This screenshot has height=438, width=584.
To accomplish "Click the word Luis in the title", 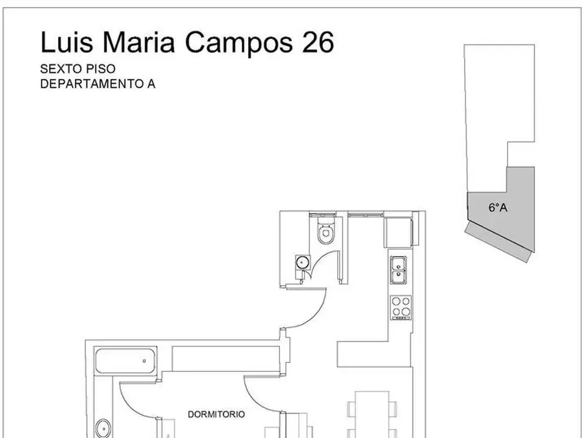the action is (66, 42).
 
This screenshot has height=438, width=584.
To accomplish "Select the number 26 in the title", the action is (318, 42).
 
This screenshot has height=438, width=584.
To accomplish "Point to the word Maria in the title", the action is (139, 42).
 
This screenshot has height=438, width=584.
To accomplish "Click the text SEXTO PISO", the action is (78, 69).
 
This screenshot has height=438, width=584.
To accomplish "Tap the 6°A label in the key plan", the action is (498, 208).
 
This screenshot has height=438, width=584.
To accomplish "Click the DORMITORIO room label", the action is (216, 414).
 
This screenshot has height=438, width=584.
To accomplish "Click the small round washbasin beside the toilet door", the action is (302, 262).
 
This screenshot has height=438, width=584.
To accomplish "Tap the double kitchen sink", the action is (398, 270).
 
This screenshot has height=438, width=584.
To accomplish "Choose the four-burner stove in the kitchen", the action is (401, 307).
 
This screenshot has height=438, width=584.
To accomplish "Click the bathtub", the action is (125, 360).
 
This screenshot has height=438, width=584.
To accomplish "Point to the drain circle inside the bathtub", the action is (144, 360).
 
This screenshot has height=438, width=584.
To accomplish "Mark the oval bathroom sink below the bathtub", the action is (103, 428).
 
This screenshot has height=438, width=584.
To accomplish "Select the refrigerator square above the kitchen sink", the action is (398, 233).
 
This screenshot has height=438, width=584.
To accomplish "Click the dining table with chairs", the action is (372, 414).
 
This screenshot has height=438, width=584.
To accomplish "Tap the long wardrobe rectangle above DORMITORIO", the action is (226, 359).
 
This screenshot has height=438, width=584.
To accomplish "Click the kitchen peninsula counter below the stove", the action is (363, 354).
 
